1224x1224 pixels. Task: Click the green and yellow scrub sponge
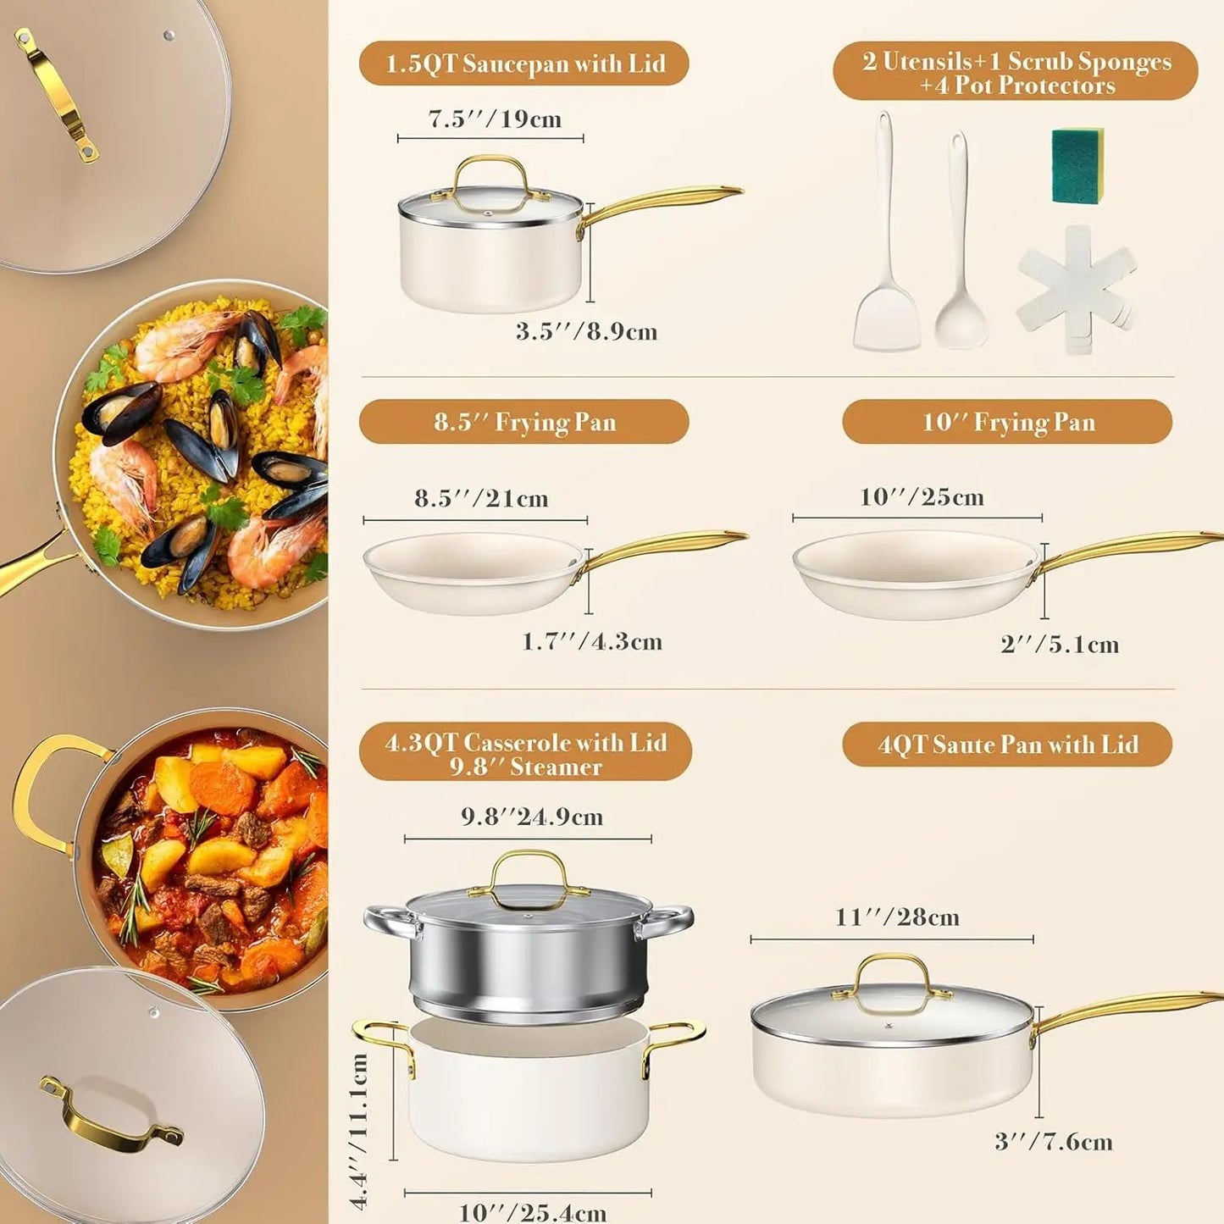pyautogui.click(x=1077, y=166)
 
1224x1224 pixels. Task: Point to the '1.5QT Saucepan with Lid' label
pyautogui.click(x=524, y=64)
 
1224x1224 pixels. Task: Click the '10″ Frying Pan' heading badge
pyautogui.click(x=1007, y=422)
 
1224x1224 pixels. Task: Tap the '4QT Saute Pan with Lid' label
pyautogui.click(x=1007, y=745)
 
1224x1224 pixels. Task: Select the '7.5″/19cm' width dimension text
pyautogui.click(x=495, y=119)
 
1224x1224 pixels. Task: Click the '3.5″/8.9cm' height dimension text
pyautogui.click(x=586, y=331)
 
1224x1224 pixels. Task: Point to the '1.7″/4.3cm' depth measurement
pyautogui.click(x=591, y=641)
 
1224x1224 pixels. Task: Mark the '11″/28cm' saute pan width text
pyautogui.click(x=897, y=917)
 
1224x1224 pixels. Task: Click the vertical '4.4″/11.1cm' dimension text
pyautogui.click(x=359, y=1131)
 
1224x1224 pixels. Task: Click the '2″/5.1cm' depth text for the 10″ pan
pyautogui.click(x=1059, y=645)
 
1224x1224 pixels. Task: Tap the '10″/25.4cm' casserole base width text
pyautogui.click(x=532, y=1212)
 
